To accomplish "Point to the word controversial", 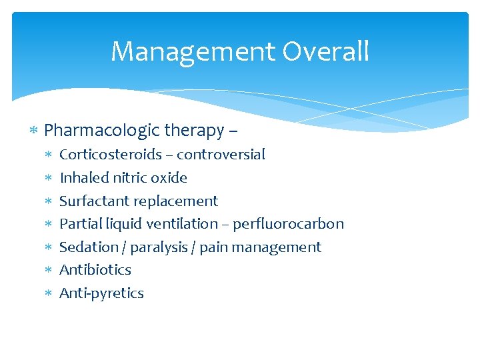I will click(221, 155).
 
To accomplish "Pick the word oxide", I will click(171, 178).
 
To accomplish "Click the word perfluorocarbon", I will click(288, 224).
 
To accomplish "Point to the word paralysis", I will click(159, 247).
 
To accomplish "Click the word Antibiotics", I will click(95, 270).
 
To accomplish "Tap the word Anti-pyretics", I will click(101, 293).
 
